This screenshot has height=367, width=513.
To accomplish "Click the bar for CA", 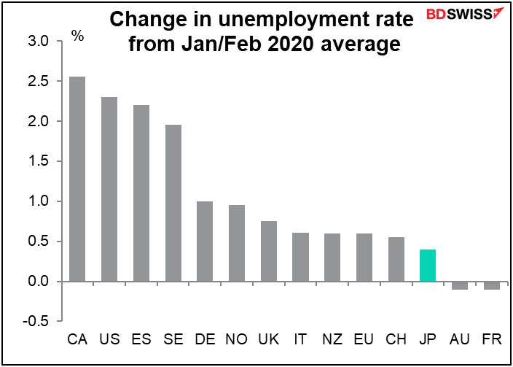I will coord(77,179).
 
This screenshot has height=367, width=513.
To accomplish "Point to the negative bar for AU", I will coord(460,285).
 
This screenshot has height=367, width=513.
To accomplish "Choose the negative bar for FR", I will coord(492,285).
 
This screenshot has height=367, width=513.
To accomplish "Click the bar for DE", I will coord(205,241).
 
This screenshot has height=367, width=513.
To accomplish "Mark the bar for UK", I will coord(268,251).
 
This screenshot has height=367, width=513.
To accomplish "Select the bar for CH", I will coord(396,259).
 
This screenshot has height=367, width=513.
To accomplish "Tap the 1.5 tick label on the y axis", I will coord(40,161).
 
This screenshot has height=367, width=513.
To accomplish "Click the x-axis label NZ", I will coord(332,339).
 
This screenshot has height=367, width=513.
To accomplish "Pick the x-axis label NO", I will coord(237,339).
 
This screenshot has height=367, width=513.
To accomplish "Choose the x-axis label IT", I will coord(300,339).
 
